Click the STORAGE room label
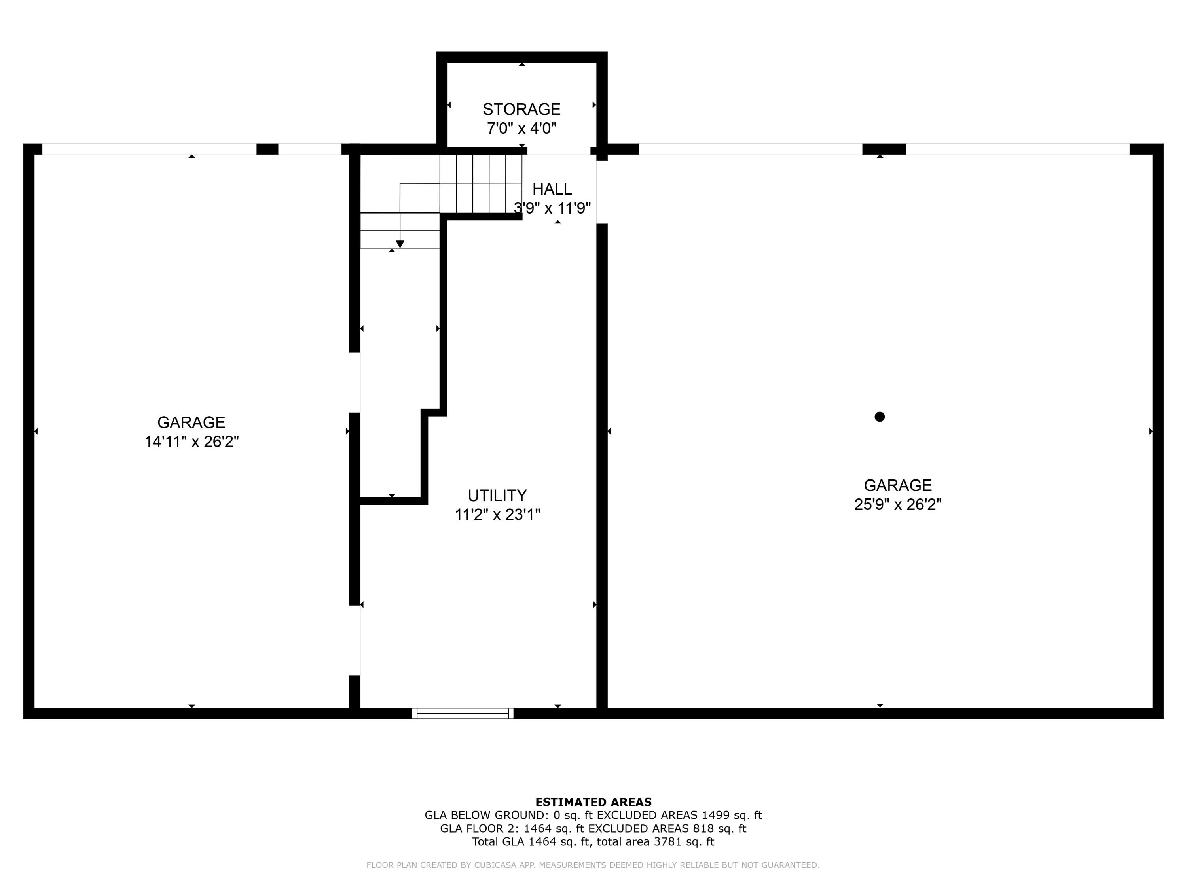coord(521,110)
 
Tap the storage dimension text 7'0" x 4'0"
coord(521,129)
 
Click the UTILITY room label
coord(497,495)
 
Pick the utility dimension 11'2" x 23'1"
coord(497,515)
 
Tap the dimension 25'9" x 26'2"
coord(897,505)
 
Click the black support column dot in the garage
coord(880,417)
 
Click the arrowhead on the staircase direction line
coord(400,244)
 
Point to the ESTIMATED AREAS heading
coord(593,802)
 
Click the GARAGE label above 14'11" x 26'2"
coord(191,423)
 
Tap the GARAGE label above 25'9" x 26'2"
coord(897,485)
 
